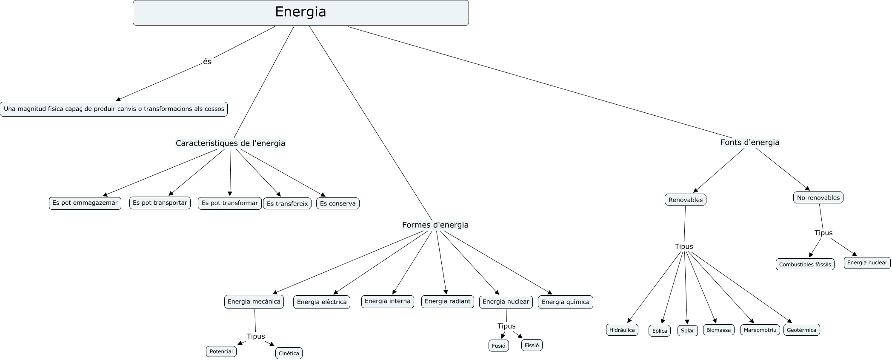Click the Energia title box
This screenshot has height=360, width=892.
[300, 12]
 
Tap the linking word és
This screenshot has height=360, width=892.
[207, 62]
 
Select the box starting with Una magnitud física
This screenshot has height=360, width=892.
[114, 109]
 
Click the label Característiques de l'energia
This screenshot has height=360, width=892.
[230, 143]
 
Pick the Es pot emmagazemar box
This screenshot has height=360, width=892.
[85, 203]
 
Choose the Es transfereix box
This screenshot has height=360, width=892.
[287, 204]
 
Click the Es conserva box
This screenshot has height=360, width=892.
[338, 203]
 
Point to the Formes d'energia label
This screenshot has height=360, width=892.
[435, 225]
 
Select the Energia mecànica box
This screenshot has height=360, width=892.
[254, 302]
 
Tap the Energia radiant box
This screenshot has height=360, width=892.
[447, 301]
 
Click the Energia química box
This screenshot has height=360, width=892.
[565, 302]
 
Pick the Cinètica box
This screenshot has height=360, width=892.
[289, 353]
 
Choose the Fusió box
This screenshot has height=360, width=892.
[498, 346]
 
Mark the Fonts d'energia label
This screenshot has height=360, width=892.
[749, 143]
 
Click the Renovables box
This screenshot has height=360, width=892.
[685, 200]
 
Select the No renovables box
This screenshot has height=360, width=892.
[818, 197]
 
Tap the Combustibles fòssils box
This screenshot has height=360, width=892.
[805, 264]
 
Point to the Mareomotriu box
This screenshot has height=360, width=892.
[760, 330]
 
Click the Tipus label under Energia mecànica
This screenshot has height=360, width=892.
[256, 336]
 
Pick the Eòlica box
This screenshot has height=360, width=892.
[660, 331]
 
